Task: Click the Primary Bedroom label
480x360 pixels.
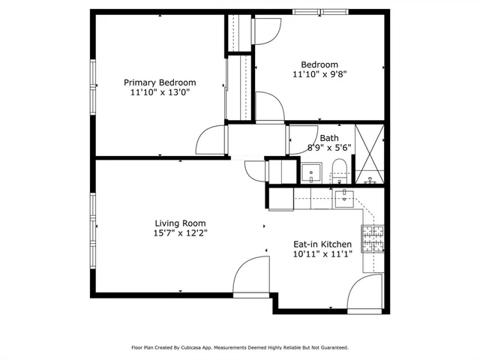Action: [160, 82]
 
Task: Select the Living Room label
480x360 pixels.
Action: [180, 223]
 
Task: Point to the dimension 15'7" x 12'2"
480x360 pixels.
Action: [180, 232]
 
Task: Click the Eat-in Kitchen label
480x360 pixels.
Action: [322, 244]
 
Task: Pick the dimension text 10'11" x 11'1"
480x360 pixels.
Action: [322, 254]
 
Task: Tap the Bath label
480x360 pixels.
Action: [329, 138]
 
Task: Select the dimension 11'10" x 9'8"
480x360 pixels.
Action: [319, 74]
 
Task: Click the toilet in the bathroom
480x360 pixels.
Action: [339, 171]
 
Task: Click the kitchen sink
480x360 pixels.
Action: [344, 198]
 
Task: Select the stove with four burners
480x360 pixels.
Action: [373, 238]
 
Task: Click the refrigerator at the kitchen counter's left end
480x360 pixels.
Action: [281, 198]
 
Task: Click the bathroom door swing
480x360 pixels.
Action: [302, 140]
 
